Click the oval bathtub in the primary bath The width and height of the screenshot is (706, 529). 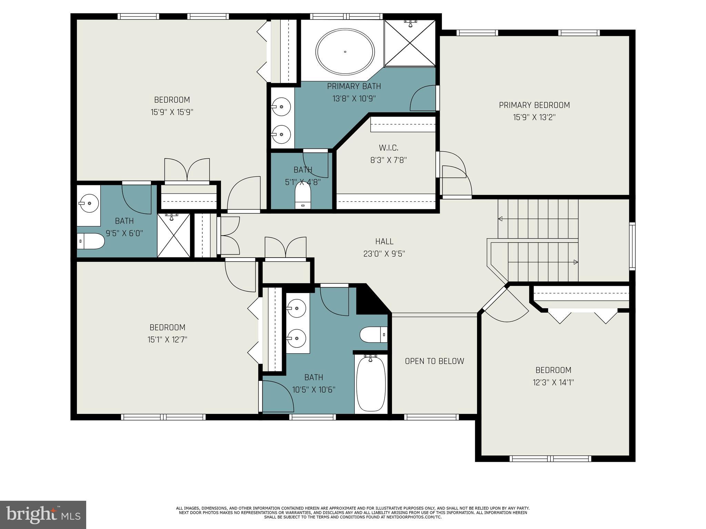(345, 52)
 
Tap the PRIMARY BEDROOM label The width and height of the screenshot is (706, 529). (534, 105)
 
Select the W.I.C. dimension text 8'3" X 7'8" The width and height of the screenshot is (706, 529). (389, 160)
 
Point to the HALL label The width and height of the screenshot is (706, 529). (384, 241)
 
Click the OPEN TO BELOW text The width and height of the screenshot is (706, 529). (434, 361)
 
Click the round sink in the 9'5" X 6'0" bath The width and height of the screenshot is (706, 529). (89, 203)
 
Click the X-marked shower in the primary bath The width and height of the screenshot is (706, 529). (410, 43)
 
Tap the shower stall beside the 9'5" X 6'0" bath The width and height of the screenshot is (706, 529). (173, 235)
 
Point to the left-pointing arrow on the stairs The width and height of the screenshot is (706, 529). (500, 219)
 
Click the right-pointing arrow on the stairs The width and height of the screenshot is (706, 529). (575, 262)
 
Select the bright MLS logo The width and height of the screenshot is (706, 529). (43, 515)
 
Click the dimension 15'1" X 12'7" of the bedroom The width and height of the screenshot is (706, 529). (167, 340)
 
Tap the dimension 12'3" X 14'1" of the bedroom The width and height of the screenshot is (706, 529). (553, 382)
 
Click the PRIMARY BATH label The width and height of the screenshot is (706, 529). (354, 86)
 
